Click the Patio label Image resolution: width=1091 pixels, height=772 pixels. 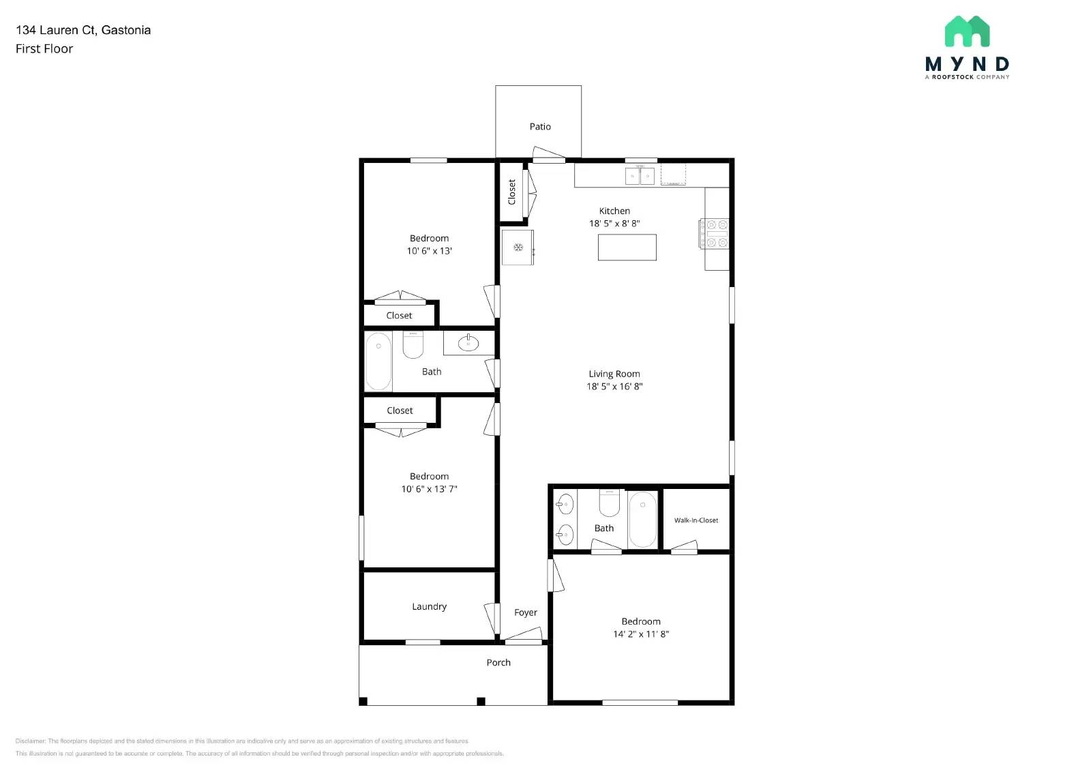(540, 127)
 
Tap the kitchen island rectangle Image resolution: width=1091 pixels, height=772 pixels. (627, 247)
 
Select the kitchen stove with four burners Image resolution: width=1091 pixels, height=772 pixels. (714, 233)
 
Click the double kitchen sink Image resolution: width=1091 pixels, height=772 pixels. (640, 177)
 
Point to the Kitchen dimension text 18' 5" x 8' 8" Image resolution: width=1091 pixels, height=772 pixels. (614, 224)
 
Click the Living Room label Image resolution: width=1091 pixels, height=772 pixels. (614, 374)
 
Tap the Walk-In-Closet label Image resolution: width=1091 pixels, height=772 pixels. (696, 520)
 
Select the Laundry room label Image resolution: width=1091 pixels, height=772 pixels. (429, 606)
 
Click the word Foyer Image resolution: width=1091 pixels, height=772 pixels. (525, 612)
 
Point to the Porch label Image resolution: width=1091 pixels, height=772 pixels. (498, 662)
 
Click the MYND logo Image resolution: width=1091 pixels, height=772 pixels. (967, 48)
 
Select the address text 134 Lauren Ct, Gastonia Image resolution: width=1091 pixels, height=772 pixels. (83, 30)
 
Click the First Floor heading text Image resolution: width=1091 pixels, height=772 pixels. (44, 48)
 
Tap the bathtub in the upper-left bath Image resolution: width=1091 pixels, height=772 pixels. (378, 361)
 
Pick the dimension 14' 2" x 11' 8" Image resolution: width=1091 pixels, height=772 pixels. (640, 634)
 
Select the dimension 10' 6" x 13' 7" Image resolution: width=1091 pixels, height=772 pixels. (429, 489)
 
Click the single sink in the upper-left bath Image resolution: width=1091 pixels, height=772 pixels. (468, 342)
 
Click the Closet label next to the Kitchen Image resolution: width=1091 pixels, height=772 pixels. (512, 192)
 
